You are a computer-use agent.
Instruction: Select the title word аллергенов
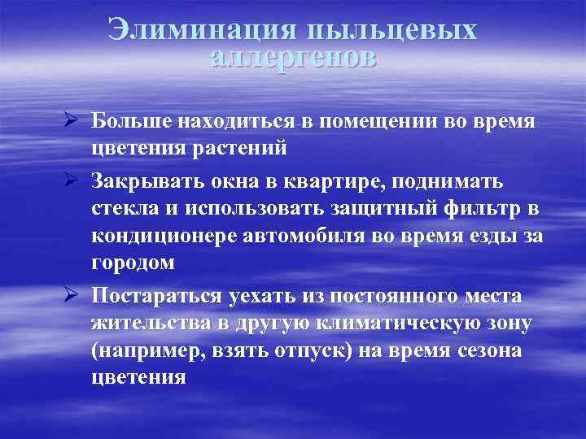pos(293,57)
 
